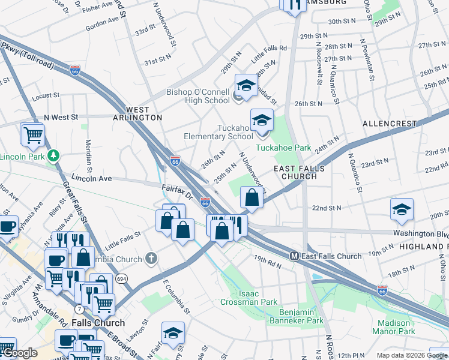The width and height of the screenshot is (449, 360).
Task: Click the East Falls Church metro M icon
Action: click(295, 256)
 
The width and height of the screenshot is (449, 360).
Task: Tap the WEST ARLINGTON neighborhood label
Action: click(144, 114)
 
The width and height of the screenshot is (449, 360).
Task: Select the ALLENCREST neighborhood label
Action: click(390, 124)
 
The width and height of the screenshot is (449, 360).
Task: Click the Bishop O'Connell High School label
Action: click(198, 96)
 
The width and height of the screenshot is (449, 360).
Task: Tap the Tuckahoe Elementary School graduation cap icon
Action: click(262, 121)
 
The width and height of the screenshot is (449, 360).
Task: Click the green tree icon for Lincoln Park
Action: click(54, 157)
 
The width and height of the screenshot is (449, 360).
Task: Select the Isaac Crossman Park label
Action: click(250, 298)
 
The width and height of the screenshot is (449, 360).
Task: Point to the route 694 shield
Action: click(122, 279)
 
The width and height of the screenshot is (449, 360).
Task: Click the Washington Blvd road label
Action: click(421, 233)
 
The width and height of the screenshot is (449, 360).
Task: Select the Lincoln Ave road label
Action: click(92, 178)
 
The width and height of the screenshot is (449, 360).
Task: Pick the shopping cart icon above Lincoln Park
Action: click(33, 134)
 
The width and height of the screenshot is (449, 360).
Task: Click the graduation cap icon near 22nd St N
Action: click(402, 209)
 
